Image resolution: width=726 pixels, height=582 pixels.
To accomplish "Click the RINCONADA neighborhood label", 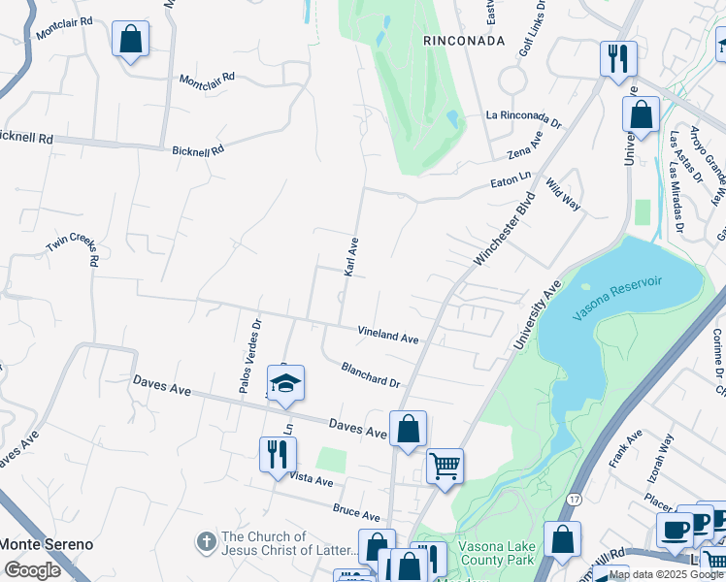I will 464,41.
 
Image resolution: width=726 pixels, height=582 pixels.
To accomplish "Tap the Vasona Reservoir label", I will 616,293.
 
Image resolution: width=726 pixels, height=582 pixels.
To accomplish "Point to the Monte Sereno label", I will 47,544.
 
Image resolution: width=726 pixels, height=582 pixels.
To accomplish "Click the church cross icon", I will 206,543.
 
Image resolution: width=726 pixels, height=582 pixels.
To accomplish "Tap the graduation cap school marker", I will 285,384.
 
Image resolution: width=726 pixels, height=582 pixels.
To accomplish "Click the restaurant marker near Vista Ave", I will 278,454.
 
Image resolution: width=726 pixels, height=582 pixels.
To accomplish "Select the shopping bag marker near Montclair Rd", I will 130,40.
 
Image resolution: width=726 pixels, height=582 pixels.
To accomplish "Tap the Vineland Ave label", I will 387,335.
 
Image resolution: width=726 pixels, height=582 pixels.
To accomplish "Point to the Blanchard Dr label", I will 370,374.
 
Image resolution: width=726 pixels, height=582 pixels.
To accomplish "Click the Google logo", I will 32,569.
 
